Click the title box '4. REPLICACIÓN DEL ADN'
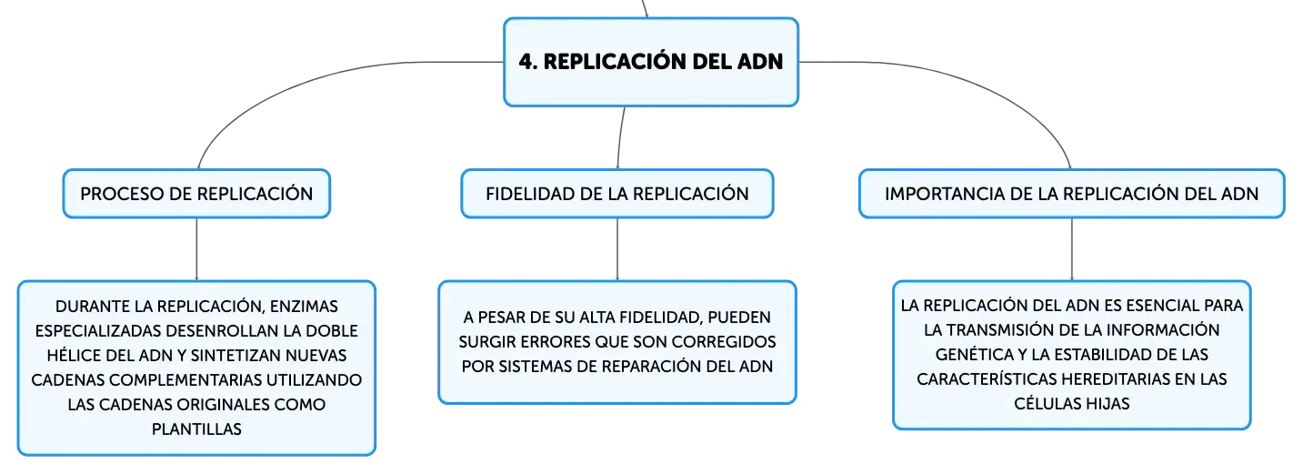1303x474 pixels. (651, 62)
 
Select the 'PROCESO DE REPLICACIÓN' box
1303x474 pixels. (196, 194)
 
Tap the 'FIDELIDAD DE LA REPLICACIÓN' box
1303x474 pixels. (617, 194)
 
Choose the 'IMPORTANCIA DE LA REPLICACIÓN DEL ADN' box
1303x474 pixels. (1071, 194)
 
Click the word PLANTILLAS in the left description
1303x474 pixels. (196, 429)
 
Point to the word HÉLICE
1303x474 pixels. (74, 355)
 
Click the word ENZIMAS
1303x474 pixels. (305, 307)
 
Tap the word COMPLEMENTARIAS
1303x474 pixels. (185, 379)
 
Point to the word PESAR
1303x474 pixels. (502, 318)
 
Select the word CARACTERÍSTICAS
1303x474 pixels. (987, 379)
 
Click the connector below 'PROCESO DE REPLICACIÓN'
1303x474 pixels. (196, 249)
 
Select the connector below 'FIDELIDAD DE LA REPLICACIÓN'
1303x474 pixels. (617, 249)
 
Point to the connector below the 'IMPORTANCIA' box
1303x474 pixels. (1071, 249)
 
